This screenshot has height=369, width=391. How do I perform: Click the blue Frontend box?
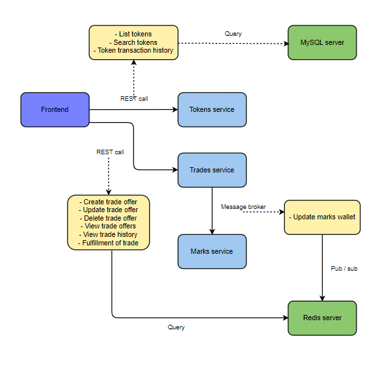55,109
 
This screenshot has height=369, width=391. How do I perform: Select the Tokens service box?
211,109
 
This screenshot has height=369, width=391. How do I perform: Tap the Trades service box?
211,170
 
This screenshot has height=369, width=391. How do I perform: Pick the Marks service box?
211,251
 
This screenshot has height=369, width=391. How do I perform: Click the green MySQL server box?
322,42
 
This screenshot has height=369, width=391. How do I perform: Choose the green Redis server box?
322,318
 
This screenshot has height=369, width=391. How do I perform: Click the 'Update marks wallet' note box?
322,217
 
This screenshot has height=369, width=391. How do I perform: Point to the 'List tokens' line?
133,34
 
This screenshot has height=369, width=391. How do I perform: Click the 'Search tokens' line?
133,42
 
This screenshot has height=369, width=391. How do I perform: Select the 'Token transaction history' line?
133,51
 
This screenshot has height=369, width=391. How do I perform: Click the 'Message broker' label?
243,206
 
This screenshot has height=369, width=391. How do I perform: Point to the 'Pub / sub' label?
344,267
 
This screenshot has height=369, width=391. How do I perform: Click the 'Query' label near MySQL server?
233,33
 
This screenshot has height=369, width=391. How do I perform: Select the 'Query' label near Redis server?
176,327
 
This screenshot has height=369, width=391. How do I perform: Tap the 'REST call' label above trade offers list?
110,152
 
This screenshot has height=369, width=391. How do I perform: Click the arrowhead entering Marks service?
211,231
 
